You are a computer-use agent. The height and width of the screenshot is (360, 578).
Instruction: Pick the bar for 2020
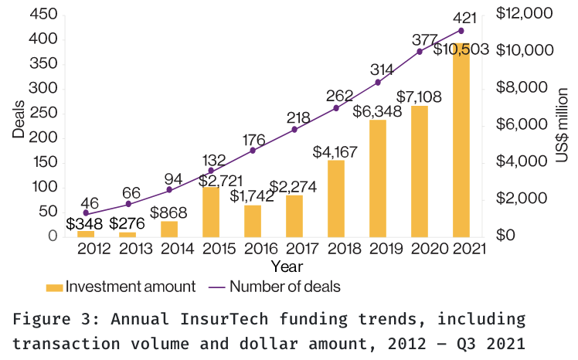coord(420,171)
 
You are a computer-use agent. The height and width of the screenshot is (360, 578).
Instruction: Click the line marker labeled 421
coord(461,31)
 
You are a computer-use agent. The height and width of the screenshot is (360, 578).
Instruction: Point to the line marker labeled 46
coord(87,213)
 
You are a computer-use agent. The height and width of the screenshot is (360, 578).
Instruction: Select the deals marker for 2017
coord(294,130)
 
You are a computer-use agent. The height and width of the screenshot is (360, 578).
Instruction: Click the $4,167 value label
coord(336,151)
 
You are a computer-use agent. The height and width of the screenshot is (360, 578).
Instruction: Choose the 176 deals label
coord(253,140)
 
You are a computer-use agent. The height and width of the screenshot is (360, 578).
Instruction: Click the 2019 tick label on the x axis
coord(378,249)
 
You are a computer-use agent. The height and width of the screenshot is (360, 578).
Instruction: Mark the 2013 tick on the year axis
coord(127,249)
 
